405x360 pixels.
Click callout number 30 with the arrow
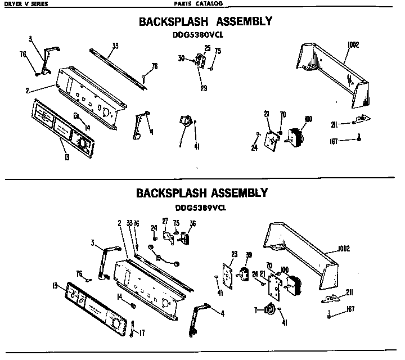click(x=181, y=58)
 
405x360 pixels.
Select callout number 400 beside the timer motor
click(x=308, y=118)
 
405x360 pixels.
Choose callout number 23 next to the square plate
click(x=234, y=253)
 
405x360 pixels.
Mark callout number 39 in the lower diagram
click(x=248, y=255)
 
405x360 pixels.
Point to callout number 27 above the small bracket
click(x=165, y=220)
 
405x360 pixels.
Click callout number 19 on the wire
click(x=159, y=258)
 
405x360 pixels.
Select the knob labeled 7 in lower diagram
click(x=271, y=309)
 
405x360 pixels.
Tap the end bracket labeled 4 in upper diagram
click(x=141, y=125)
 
